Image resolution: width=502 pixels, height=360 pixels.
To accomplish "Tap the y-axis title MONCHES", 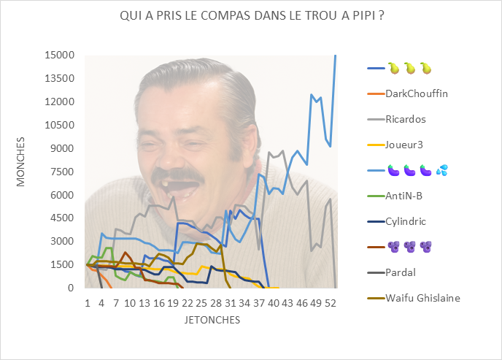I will point(21,161).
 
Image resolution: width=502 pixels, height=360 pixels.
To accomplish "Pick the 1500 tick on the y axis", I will point(63,264).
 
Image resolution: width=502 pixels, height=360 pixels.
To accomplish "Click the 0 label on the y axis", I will point(72,288).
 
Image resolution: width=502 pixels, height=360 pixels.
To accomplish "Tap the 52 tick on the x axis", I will point(331,302).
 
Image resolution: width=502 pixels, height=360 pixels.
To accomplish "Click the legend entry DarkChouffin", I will point(417,93).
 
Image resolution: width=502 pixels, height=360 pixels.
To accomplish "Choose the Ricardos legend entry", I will point(406,119).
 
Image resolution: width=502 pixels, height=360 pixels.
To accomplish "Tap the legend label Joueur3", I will point(404,145).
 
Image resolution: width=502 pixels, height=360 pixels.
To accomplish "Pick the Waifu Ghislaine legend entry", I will point(423,297).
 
